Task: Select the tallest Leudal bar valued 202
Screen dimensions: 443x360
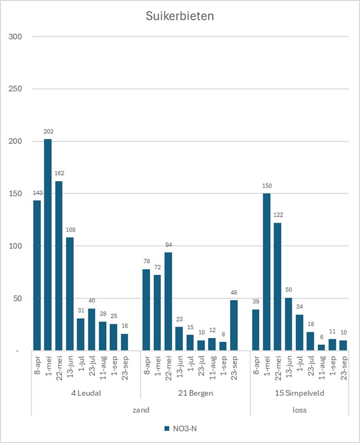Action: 48,245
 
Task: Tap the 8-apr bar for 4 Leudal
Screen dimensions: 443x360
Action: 37,275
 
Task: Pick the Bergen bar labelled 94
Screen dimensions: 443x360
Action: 168,301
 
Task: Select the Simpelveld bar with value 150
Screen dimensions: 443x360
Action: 267,272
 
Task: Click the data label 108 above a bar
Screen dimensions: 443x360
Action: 70,229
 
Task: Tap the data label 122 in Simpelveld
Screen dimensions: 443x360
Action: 277,215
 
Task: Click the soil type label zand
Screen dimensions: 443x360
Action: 141,410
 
